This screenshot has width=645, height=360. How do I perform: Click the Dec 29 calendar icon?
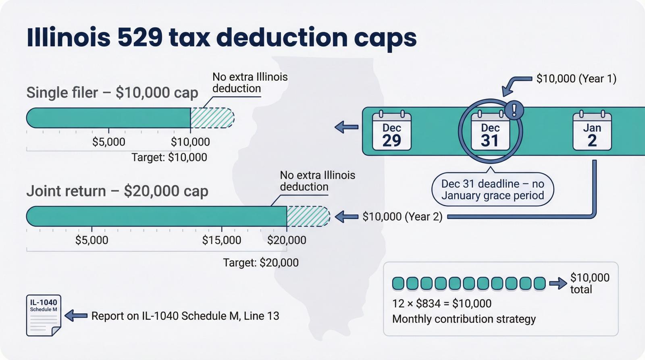[391, 131]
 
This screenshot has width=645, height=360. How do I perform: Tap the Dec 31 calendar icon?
[490, 131]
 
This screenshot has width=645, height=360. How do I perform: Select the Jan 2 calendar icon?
[592, 131]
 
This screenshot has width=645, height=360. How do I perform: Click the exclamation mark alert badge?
[514, 110]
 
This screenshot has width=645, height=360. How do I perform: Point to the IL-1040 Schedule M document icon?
[44, 315]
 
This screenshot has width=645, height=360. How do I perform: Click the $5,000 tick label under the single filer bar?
[108, 142]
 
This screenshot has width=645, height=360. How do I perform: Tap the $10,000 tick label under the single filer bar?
[190, 142]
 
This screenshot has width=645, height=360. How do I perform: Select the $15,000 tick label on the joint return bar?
[221, 240]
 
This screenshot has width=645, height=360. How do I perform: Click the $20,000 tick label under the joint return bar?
[287, 240]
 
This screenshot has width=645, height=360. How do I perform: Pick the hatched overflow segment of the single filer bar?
[212, 118]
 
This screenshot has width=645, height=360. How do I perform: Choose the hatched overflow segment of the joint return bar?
[308, 216]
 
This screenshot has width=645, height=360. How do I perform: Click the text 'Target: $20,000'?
[261, 263]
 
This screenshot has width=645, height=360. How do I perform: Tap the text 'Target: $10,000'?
[169, 157]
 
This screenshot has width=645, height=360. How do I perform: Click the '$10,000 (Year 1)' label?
[576, 79]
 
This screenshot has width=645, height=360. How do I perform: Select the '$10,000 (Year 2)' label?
[402, 217]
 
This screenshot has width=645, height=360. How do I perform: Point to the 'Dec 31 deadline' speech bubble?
[493, 189]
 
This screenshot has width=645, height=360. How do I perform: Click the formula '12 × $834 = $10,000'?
[442, 304]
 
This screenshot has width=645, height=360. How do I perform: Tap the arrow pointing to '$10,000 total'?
[558, 283]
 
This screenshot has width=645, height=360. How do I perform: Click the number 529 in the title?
[140, 37]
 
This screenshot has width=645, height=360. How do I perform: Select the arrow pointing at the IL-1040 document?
[76, 316]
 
